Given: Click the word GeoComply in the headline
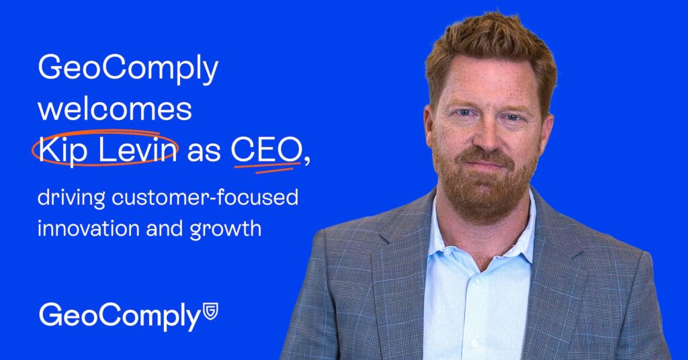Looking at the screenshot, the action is pyautogui.click(x=128, y=69).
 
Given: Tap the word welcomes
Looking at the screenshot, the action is pyautogui.click(x=115, y=109).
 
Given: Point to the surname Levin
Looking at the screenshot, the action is pyautogui.click(x=137, y=149).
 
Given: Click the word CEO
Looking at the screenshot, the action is pyautogui.click(x=265, y=150).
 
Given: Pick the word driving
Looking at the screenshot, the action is pyautogui.click(x=71, y=197).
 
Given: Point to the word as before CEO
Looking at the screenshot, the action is pyautogui.click(x=204, y=153).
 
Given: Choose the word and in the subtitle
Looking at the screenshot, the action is pyautogui.click(x=164, y=228).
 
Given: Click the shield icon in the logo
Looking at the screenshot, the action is pyautogui.click(x=210, y=311).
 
